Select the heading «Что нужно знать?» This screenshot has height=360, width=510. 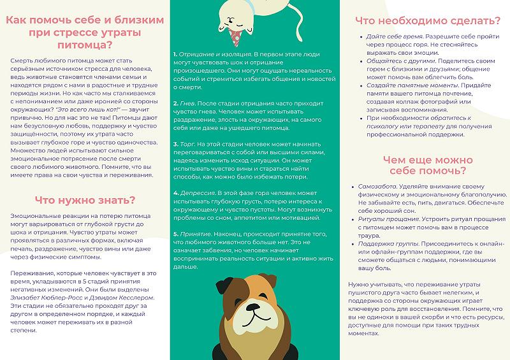tap(85, 199)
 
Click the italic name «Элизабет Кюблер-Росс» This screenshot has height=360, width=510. tap(41, 296)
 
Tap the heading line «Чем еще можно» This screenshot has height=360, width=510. tap(424, 159)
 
